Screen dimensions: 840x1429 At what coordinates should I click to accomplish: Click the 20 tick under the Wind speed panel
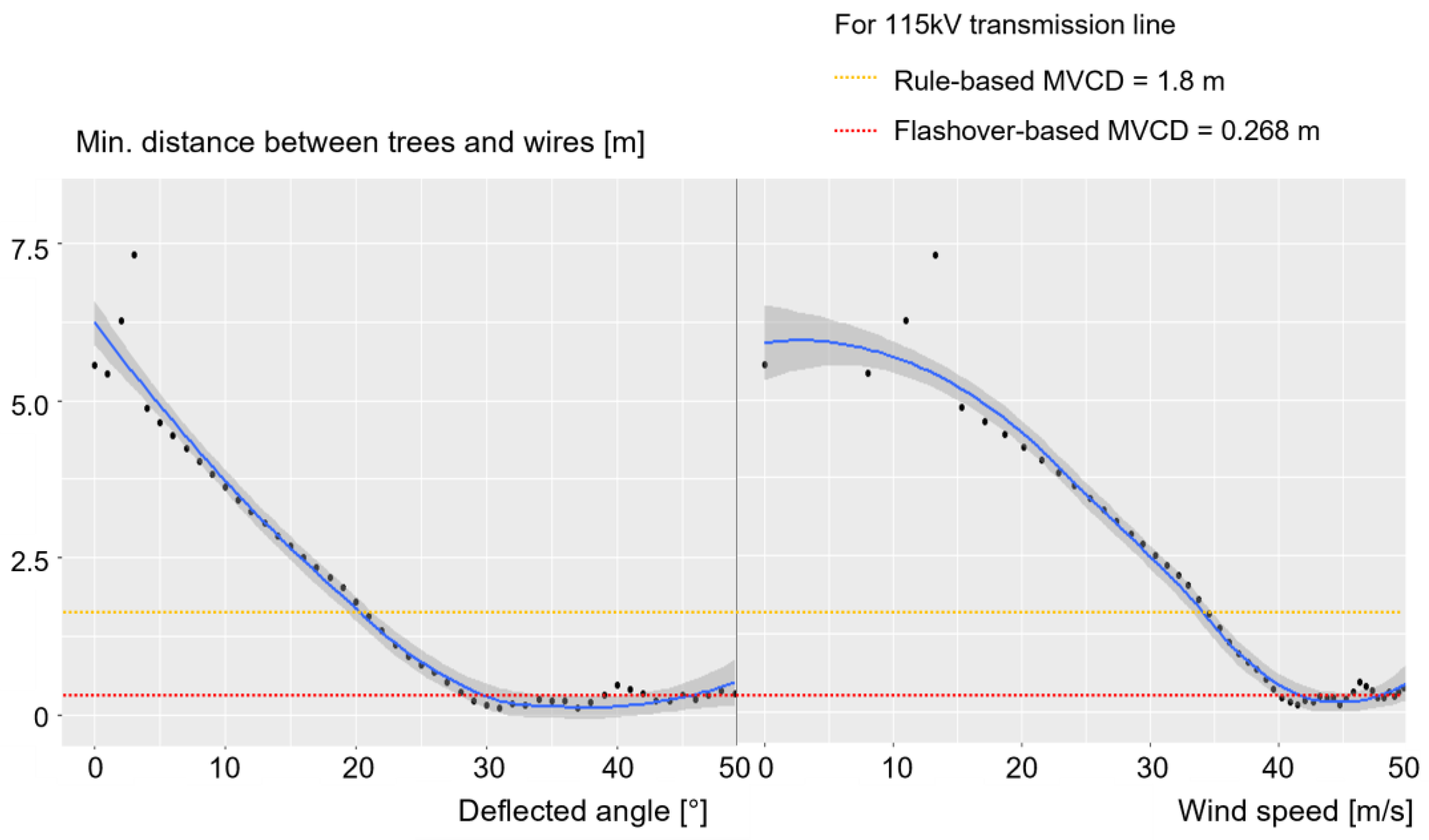(x=1021, y=769)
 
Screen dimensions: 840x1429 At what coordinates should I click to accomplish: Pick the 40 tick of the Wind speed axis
(x=1277, y=769)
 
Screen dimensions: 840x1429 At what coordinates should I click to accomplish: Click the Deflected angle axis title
(x=582, y=812)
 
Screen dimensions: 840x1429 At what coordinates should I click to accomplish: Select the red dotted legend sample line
(x=855, y=132)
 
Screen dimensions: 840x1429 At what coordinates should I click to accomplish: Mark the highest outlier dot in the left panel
(x=134, y=255)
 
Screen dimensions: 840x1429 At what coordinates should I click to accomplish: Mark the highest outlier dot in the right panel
(x=935, y=255)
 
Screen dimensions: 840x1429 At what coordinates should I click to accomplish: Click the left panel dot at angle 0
(x=95, y=365)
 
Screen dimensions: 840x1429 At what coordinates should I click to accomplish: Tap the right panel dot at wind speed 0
(x=764, y=365)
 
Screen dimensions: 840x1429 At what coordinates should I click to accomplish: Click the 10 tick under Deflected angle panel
(x=225, y=769)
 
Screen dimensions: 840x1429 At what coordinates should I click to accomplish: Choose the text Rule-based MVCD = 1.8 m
(x=1059, y=81)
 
